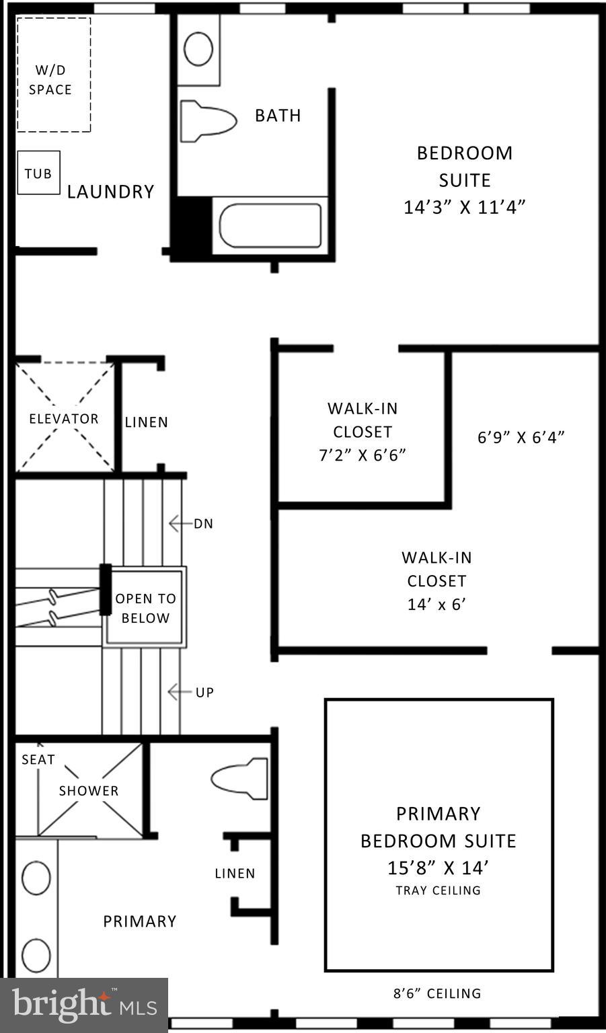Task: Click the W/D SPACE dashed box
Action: pos(53,75)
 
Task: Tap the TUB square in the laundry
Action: pos(38,173)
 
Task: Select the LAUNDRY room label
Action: pos(110,192)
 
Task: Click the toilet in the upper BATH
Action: pos(208,121)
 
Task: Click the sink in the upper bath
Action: pos(198,48)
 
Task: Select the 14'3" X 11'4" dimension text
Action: pos(464,207)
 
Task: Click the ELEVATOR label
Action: pos(64,418)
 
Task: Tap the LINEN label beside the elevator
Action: pos(146,422)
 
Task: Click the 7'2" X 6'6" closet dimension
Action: pos(362,455)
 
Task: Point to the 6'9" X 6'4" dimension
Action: pos(521,437)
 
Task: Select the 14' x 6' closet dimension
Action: pos(437,604)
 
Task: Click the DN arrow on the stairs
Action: pos(176,523)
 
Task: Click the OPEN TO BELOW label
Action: pos(145,608)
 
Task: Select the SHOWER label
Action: pos(88,791)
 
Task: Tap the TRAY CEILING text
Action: pos(438,890)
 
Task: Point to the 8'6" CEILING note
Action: pos(437,993)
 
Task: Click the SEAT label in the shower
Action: pos(38,759)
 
